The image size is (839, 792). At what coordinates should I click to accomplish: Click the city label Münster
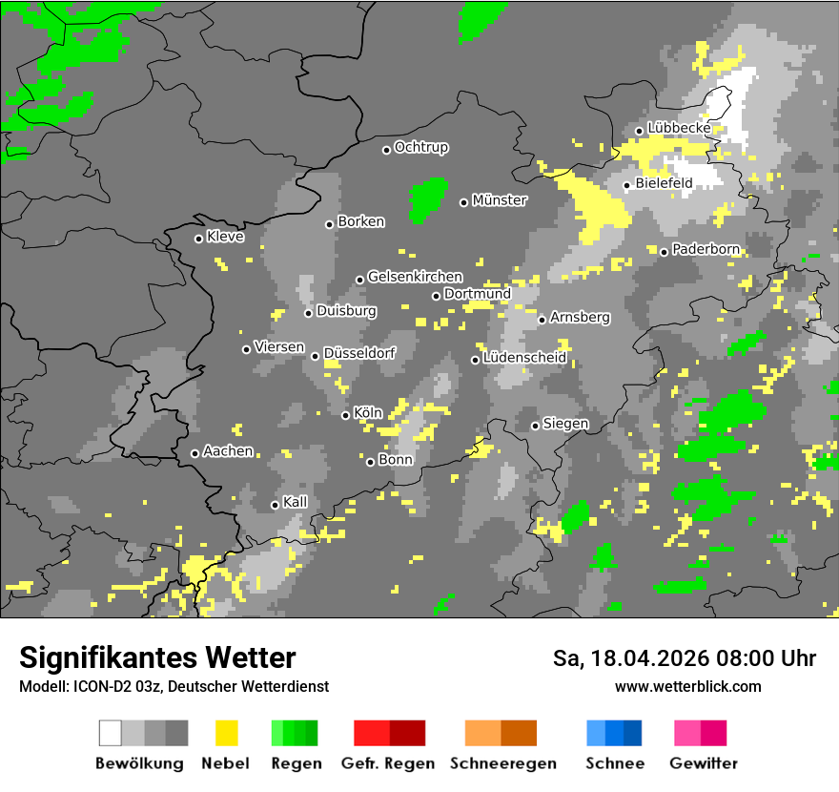point(500,200)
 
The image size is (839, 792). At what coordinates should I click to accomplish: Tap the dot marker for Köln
point(346,415)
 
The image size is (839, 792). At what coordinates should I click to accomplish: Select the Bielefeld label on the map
point(664,183)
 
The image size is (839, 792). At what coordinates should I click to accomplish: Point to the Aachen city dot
point(195,453)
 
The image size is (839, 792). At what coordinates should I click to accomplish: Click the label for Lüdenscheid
point(524,358)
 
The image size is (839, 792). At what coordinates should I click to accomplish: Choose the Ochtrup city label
point(421,148)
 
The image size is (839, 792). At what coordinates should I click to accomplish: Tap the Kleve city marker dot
point(199,239)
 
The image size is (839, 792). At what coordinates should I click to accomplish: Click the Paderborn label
point(706,250)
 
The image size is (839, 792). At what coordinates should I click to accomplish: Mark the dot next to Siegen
point(536,426)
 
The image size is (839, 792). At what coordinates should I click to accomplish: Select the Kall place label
point(296,502)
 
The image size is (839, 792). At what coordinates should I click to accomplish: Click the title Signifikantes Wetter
point(157,657)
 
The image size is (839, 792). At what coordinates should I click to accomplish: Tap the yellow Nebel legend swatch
point(226,733)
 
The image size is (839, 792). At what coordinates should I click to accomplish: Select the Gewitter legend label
point(704,763)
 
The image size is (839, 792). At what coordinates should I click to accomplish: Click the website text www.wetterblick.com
point(687,687)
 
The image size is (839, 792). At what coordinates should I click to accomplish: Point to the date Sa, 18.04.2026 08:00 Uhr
point(685,658)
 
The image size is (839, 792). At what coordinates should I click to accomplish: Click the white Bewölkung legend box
point(111,733)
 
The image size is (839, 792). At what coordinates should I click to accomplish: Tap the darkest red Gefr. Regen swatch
point(407,733)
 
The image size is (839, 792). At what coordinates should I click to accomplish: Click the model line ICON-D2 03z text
point(174,687)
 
